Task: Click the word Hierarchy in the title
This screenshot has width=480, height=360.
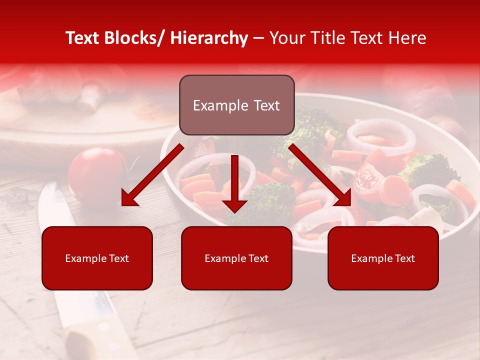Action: (209, 38)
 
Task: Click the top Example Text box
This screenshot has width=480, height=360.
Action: (236, 105)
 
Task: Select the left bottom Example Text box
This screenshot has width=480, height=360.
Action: (97, 258)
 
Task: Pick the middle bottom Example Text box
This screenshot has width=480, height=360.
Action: (236, 258)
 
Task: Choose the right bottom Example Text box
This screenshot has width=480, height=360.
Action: (383, 258)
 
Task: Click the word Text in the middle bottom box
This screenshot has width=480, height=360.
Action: (257, 258)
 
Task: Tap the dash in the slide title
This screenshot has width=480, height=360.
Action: (258, 38)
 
